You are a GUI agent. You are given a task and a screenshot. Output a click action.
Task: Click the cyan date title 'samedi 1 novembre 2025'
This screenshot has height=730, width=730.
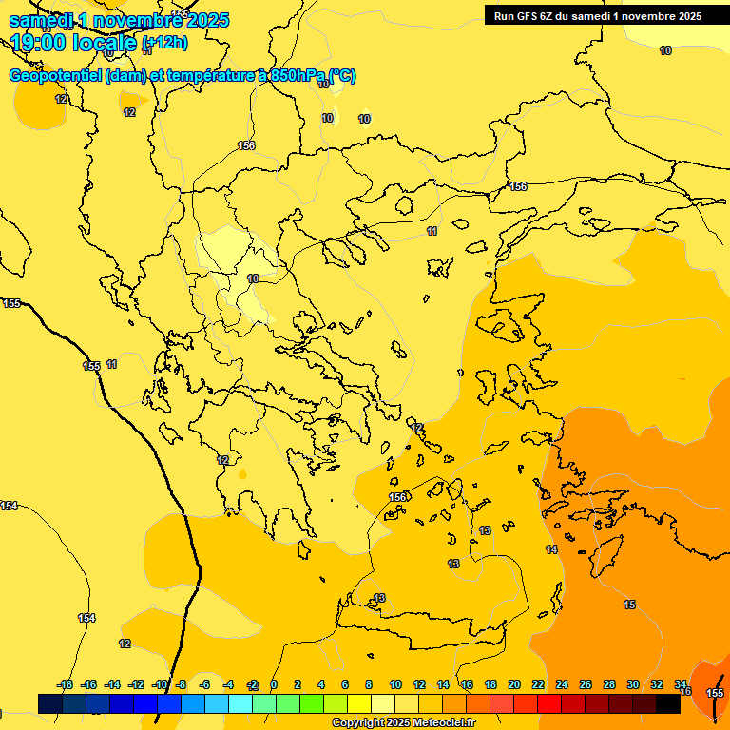click(x=119, y=20)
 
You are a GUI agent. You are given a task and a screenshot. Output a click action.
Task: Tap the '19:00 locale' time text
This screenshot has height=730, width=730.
click(x=74, y=42)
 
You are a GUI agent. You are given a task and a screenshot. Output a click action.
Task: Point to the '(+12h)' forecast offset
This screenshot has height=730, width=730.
click(x=164, y=42)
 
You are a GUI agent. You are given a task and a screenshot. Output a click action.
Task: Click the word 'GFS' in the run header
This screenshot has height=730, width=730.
click(x=527, y=15)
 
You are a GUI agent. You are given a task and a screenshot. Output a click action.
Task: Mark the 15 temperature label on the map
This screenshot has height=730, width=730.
click(x=629, y=605)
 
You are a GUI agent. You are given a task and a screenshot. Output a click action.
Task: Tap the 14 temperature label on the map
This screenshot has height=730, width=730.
click(x=551, y=549)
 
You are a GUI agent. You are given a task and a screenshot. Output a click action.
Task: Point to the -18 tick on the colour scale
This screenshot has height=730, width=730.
click(x=66, y=684)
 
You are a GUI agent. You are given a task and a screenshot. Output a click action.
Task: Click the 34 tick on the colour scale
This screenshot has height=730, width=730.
click(x=681, y=684)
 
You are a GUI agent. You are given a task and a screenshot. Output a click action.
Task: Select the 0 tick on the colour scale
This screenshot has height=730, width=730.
click(x=274, y=684)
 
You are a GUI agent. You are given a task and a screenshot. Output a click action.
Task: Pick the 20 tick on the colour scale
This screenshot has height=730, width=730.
click(x=514, y=684)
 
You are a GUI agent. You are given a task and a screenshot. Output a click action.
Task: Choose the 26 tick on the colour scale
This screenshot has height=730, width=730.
click(x=586, y=684)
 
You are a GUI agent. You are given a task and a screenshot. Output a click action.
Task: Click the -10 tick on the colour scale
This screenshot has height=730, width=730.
click(x=161, y=684)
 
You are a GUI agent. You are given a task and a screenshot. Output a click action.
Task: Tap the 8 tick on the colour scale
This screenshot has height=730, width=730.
click(x=369, y=684)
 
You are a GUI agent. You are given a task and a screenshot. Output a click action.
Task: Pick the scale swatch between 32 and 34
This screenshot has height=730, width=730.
click(x=668, y=703)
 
